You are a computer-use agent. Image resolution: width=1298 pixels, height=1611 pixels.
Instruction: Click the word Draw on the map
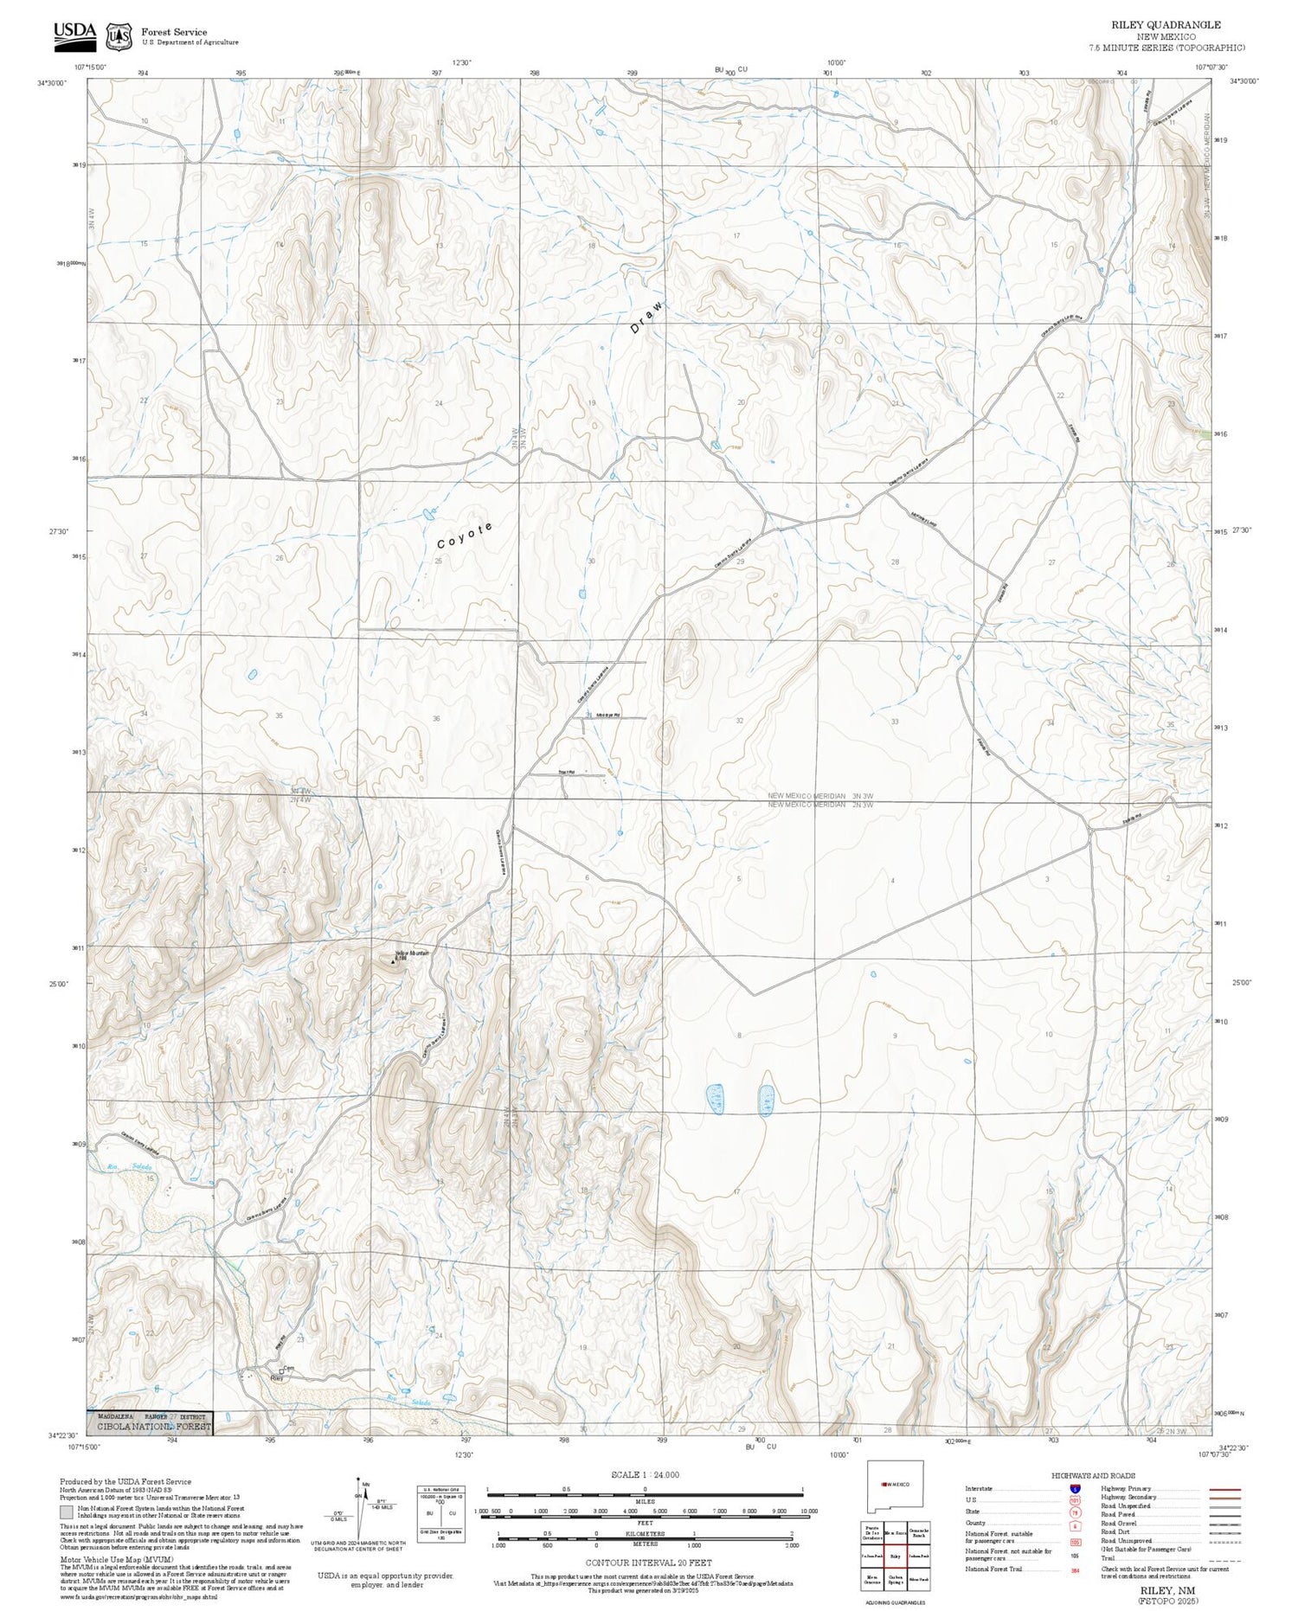(647, 318)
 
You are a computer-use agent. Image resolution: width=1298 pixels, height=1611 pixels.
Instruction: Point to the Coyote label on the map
(465, 536)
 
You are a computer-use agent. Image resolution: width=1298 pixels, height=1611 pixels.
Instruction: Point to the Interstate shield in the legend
(1075, 1489)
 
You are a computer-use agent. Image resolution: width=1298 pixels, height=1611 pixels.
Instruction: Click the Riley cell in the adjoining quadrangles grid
(896, 1556)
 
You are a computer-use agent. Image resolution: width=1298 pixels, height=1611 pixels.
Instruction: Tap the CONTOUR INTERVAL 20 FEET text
(648, 1563)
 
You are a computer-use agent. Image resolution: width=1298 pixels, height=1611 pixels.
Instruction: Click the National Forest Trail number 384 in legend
(1075, 1569)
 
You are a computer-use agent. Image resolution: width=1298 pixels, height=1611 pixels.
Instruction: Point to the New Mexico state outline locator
(895, 1484)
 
